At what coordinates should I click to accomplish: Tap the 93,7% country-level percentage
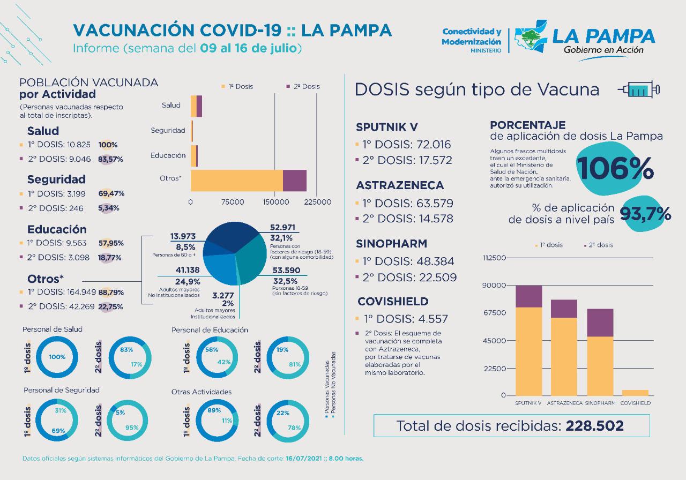coord(645,214)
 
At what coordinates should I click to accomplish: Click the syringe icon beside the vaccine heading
coord(638,89)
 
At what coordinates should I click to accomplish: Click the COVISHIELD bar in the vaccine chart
coord(635,393)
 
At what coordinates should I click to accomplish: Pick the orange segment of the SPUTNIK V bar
coord(529,351)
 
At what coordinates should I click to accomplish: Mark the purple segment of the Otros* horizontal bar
coord(294,180)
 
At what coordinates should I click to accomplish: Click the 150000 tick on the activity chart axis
coord(275,202)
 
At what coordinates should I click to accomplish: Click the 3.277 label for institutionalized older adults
coord(223,295)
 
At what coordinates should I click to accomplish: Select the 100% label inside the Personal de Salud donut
coord(57,357)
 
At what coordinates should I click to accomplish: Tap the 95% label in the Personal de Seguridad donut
coord(131,427)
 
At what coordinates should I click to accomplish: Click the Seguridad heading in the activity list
coord(56,179)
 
